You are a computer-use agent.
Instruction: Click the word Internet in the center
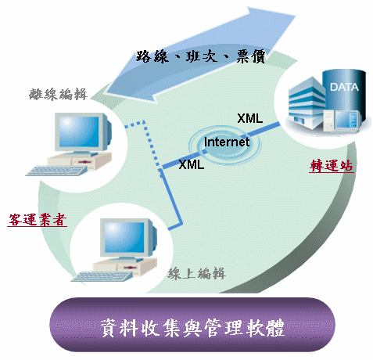(x=227, y=142)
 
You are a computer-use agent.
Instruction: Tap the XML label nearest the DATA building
(x=249, y=118)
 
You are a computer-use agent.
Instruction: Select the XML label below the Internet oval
(x=192, y=164)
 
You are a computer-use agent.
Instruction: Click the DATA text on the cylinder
(x=344, y=87)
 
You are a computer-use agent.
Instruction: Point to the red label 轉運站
(x=332, y=165)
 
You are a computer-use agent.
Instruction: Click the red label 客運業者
(x=37, y=219)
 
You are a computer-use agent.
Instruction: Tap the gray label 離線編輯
(x=58, y=94)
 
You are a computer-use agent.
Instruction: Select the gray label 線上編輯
(x=196, y=274)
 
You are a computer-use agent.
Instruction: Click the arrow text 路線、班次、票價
(x=201, y=56)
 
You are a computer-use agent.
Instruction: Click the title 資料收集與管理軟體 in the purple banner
(x=192, y=328)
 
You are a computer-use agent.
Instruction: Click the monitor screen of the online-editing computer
(x=124, y=238)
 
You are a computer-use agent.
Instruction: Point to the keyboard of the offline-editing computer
(x=56, y=171)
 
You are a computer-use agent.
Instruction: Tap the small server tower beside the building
(x=329, y=121)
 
